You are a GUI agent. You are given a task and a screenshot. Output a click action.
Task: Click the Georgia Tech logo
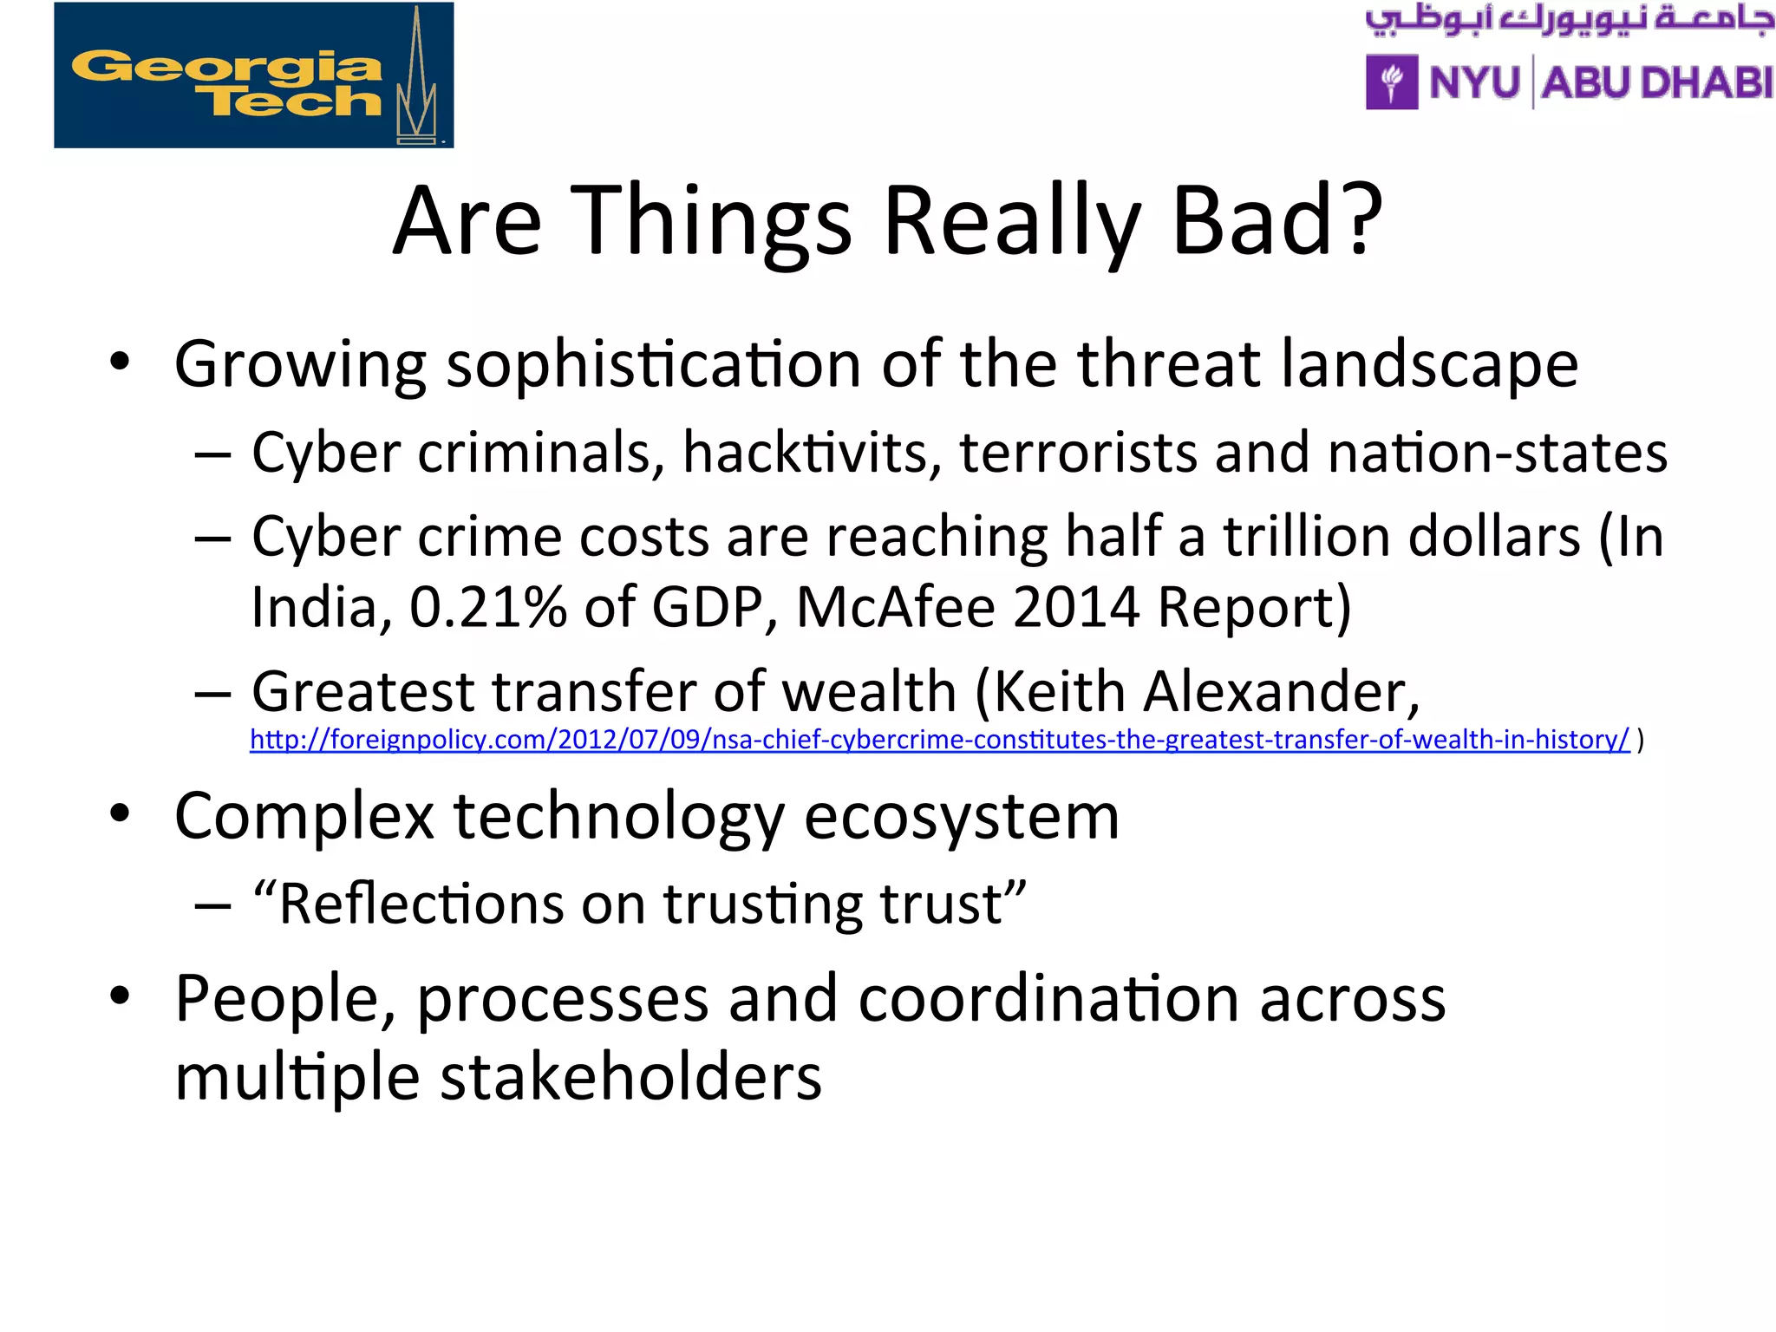253,75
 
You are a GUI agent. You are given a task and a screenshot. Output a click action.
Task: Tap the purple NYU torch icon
1392,82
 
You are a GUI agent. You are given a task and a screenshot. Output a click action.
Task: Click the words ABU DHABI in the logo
1657,83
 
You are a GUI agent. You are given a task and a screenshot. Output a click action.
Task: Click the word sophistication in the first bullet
654,364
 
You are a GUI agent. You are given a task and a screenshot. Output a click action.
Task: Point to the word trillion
1307,537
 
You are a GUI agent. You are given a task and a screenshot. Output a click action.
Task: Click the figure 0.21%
488,607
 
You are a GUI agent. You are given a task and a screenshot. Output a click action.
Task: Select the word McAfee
895,607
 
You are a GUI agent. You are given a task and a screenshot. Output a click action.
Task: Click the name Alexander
1281,692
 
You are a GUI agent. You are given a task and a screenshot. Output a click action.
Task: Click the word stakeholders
630,1078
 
